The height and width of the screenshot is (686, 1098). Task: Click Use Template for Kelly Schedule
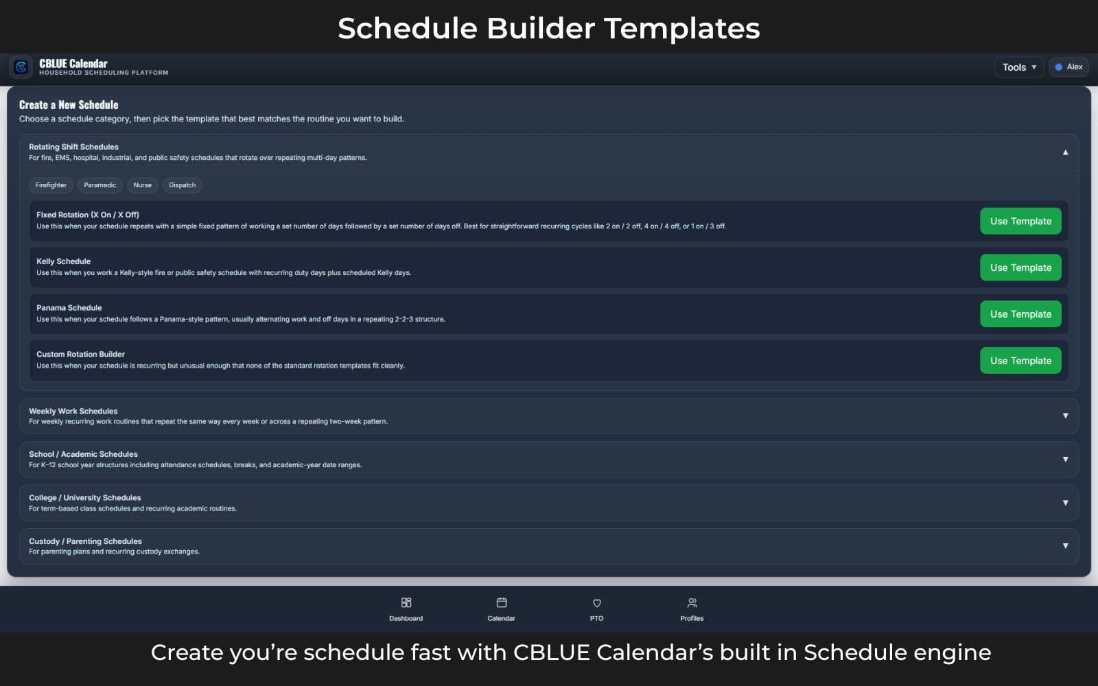click(1020, 268)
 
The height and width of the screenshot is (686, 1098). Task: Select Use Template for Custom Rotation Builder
click(1020, 361)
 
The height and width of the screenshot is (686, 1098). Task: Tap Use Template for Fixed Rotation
click(1020, 221)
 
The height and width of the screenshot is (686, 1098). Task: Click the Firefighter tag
click(51, 185)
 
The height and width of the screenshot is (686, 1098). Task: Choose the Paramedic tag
click(100, 185)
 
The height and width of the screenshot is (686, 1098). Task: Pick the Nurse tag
click(142, 185)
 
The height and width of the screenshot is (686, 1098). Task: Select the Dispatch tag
click(182, 185)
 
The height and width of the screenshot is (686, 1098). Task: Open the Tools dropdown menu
click(1018, 67)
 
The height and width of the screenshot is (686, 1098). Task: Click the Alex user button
click(1069, 67)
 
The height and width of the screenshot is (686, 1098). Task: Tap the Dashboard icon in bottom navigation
click(406, 603)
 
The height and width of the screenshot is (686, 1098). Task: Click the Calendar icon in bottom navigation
click(501, 603)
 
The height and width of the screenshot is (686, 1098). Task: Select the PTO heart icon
click(596, 603)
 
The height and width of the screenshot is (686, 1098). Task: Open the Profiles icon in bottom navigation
click(692, 603)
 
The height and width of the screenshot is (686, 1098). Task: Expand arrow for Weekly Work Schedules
click(1065, 416)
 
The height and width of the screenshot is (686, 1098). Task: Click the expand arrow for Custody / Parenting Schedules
click(1065, 546)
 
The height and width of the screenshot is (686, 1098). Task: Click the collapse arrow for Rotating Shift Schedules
click(1065, 152)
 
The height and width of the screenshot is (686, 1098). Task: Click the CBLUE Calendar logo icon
click(21, 67)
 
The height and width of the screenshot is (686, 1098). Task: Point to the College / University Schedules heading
click(84, 498)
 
